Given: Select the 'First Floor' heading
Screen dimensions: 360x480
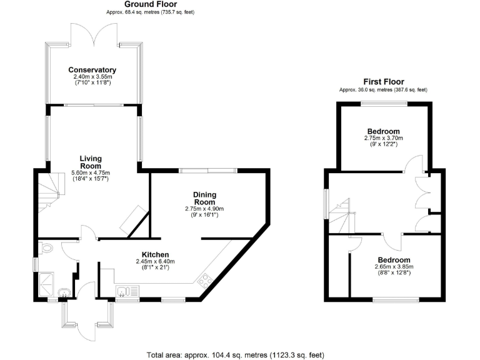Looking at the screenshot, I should (384, 82).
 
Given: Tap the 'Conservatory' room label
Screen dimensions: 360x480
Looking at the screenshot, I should (92, 69).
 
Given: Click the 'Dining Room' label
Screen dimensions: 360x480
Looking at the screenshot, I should (204, 198).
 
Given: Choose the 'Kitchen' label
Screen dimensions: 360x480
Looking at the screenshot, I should (156, 254).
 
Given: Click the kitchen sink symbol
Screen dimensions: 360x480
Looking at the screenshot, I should (127, 291).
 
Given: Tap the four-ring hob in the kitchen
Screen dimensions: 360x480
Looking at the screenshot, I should (204, 281).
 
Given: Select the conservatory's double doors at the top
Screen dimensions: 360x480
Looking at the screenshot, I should (93, 35).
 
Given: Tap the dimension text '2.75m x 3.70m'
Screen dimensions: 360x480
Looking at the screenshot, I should (384, 137).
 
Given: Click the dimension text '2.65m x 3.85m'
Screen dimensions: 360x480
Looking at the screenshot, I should (394, 267).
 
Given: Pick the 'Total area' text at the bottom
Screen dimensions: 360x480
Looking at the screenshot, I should (235, 355).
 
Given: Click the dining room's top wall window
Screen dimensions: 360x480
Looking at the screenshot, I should (208, 170).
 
